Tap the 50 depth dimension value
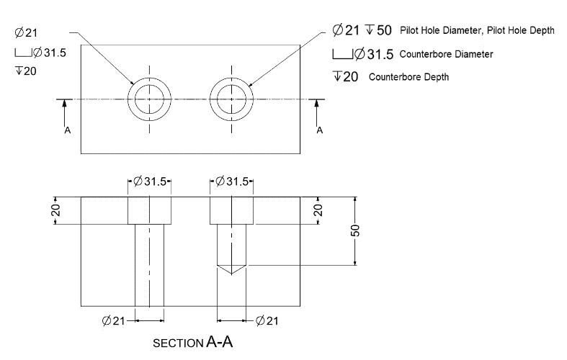click(356, 230)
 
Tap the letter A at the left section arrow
click(66, 130)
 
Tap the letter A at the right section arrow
click(319, 130)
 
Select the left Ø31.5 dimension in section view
click(150, 181)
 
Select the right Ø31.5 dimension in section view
click(231, 181)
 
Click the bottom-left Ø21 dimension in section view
click(115, 320)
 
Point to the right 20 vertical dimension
click(318, 210)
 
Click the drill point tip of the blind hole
click(231, 274)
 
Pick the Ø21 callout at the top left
click(26, 32)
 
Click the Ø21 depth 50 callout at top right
click(361, 30)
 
